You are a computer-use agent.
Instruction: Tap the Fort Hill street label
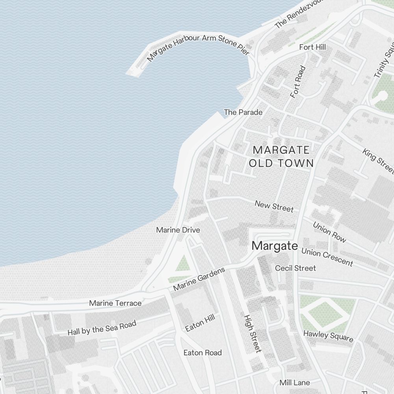(x=312, y=47)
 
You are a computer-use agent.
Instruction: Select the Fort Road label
(x=298, y=82)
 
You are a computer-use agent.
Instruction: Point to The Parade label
(x=243, y=112)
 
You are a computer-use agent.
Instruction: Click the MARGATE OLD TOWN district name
(x=281, y=156)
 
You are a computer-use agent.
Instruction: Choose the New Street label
(x=274, y=206)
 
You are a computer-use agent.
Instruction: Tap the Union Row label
(x=329, y=232)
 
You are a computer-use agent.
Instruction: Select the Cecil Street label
(x=295, y=268)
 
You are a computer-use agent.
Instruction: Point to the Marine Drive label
(x=178, y=230)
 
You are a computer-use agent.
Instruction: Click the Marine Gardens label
(x=199, y=279)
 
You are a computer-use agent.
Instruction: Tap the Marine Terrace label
(x=115, y=303)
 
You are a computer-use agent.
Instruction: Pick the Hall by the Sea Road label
(x=102, y=328)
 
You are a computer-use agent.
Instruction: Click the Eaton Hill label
(x=200, y=325)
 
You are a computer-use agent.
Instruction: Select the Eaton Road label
(x=203, y=353)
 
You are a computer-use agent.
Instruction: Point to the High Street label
(x=253, y=333)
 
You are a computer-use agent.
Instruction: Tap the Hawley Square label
(x=328, y=336)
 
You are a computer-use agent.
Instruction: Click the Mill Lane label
(x=294, y=383)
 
